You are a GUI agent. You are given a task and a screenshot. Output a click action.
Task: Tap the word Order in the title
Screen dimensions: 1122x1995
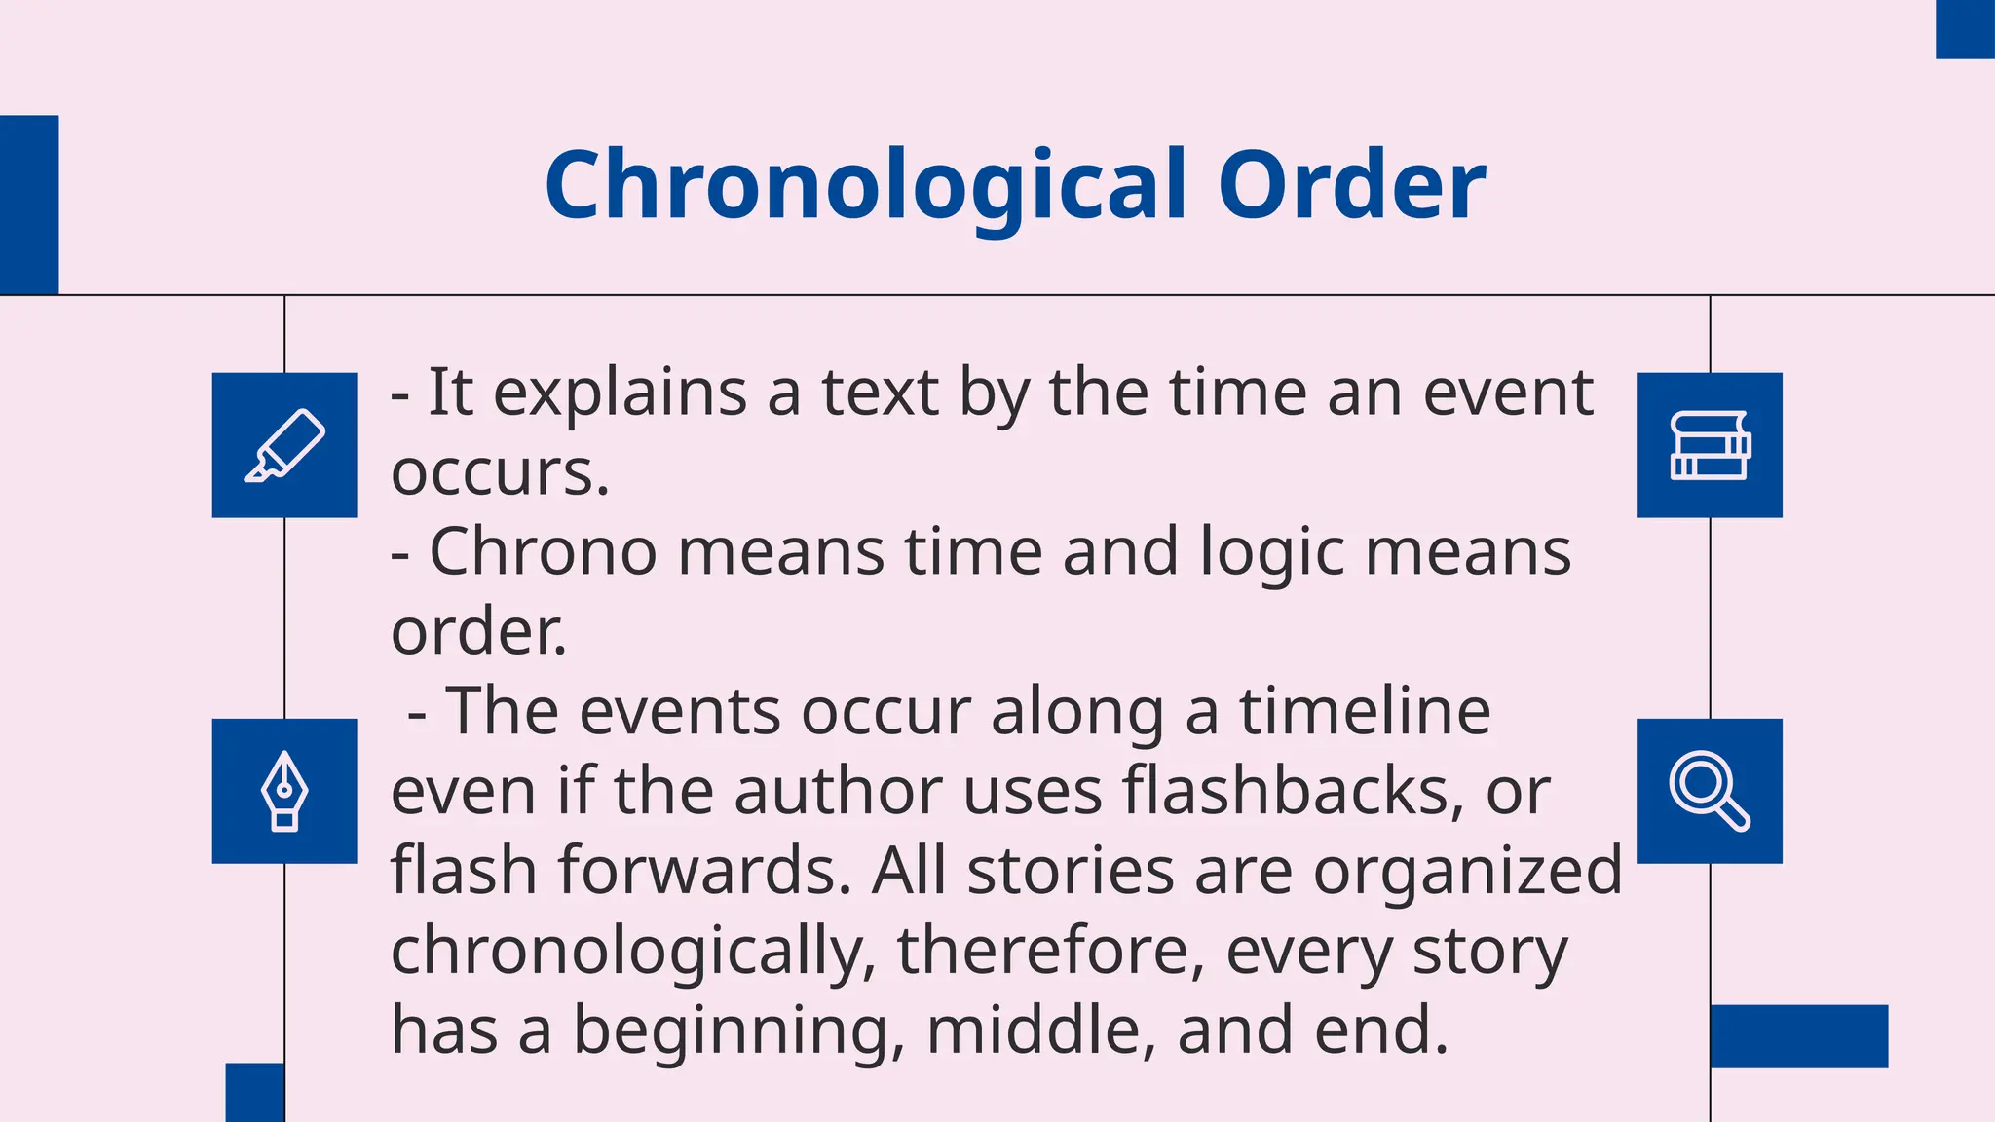[1351, 185]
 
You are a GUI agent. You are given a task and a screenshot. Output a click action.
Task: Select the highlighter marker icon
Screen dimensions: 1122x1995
[284, 445]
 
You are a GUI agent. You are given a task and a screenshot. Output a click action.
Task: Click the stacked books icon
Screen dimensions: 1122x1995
[1710, 445]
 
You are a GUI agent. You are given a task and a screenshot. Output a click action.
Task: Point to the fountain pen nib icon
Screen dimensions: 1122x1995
[284, 791]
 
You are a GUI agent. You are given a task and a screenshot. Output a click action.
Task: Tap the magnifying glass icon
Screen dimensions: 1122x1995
[1710, 791]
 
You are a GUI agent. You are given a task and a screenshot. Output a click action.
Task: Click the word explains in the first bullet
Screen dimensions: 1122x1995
[621, 394]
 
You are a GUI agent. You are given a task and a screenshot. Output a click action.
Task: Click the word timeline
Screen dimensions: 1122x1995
[1365, 711]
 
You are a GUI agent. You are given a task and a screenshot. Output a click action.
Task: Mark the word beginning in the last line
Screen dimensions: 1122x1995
[731, 1032]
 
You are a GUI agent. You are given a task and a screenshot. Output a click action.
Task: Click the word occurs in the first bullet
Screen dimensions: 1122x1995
[500, 473]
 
